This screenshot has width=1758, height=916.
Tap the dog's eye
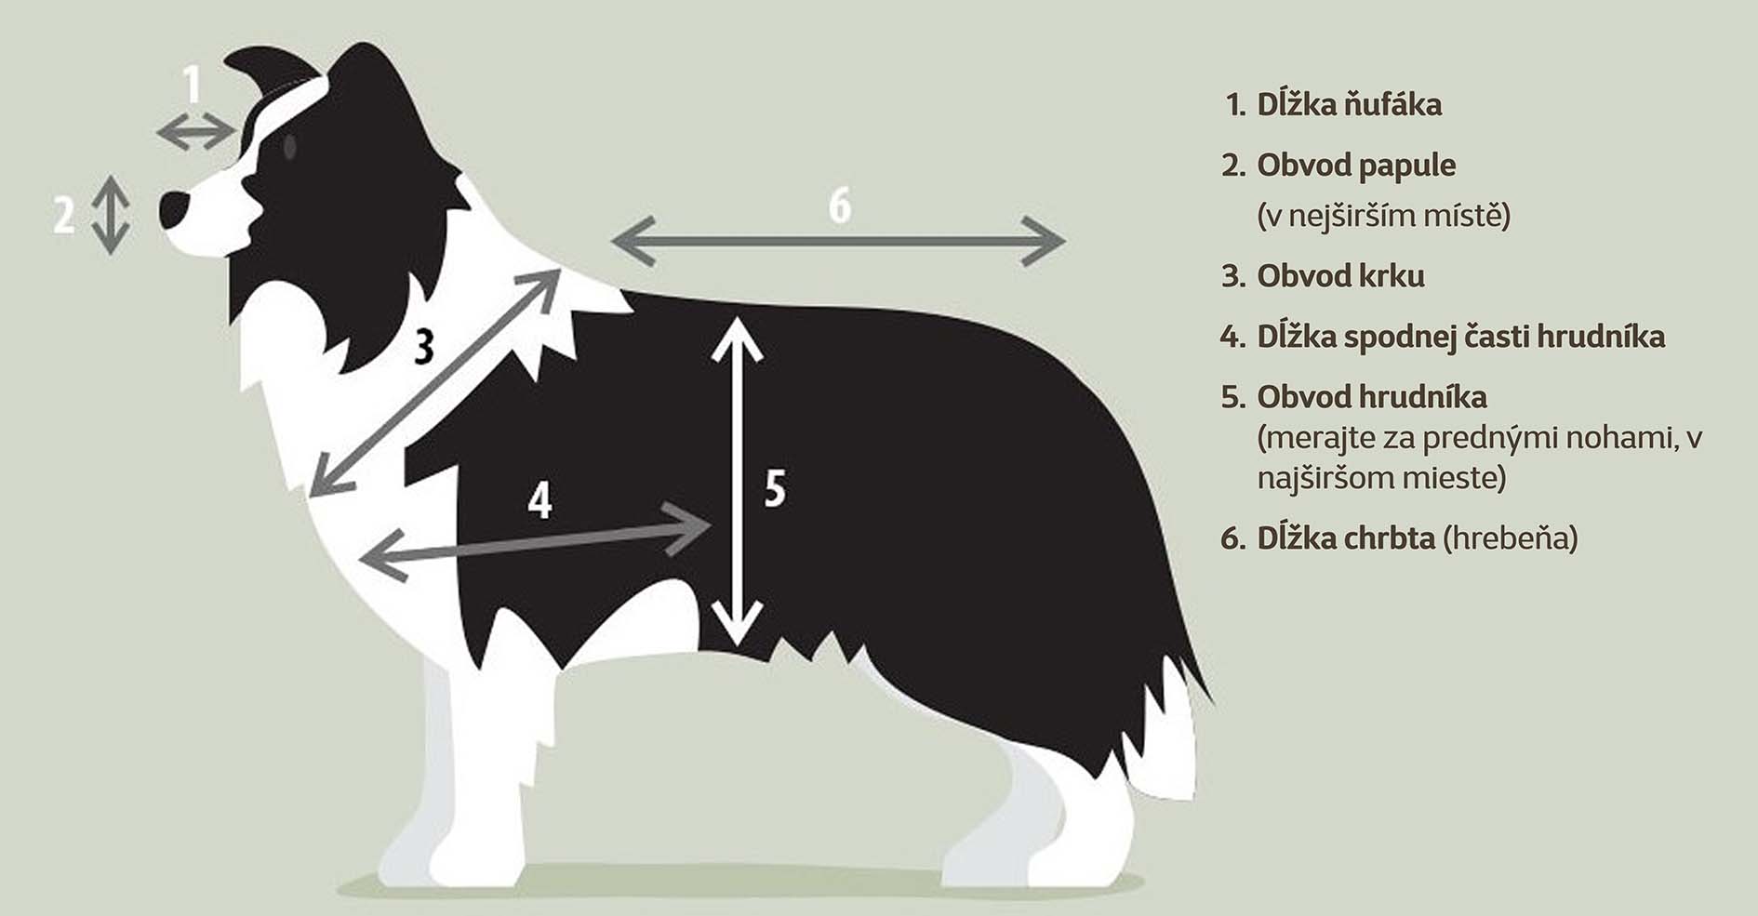point(289,146)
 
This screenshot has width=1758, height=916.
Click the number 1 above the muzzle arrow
point(192,85)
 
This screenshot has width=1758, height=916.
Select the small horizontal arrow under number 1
point(195,131)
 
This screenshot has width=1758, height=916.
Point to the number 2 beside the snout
point(63,215)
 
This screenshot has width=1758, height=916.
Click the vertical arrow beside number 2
point(111,215)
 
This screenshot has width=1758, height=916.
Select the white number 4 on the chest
point(539,500)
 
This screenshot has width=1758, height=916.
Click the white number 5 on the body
point(775,488)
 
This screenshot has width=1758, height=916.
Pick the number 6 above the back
point(839,206)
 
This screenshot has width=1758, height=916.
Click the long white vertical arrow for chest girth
point(738,481)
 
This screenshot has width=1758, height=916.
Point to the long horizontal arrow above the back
point(838,242)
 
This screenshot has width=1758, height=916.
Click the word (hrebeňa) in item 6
point(1511,538)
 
